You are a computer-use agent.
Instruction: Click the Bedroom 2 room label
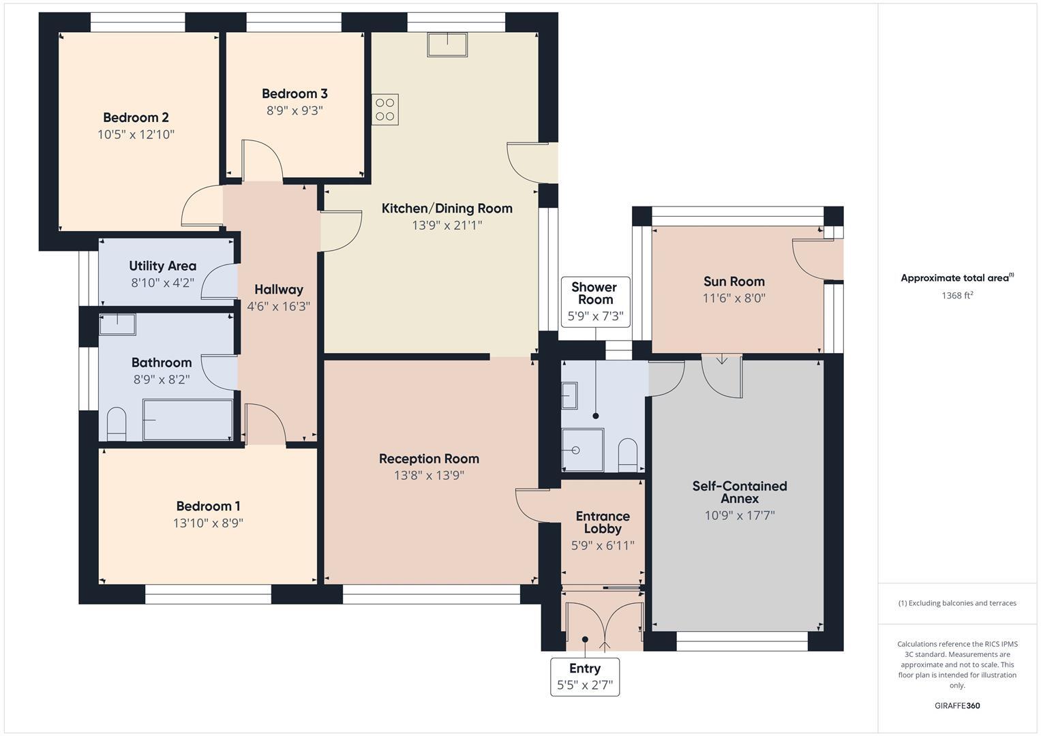coord(136,117)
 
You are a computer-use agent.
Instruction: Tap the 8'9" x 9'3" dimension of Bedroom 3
coord(295,110)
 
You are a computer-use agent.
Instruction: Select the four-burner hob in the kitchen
coord(385,110)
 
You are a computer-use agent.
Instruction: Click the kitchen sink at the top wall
coord(447,45)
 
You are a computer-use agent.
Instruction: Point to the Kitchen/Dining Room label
coord(447,209)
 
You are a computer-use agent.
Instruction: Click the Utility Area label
coord(162,266)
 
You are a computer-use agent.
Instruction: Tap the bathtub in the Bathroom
coord(188,419)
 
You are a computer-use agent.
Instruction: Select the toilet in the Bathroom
coord(117,424)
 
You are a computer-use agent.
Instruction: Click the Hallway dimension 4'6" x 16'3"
coord(278,307)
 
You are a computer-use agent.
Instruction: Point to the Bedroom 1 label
coord(208,506)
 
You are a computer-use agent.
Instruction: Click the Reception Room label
coord(429,459)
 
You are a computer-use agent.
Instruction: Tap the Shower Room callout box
coord(594,301)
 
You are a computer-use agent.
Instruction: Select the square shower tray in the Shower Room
coord(583,450)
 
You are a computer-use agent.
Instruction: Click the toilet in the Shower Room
coord(627,454)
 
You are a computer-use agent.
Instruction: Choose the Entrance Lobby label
coord(603,522)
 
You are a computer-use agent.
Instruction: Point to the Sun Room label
coord(734,281)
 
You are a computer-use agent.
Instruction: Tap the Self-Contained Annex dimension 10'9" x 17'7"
coord(740,516)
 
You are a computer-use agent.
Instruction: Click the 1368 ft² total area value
coord(956,296)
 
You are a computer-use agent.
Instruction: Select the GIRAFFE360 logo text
coord(956,705)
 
